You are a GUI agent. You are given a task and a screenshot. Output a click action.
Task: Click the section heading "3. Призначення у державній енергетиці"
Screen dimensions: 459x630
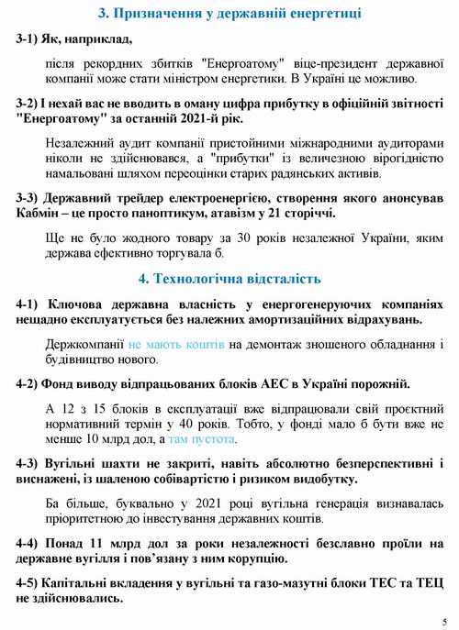tap(229, 13)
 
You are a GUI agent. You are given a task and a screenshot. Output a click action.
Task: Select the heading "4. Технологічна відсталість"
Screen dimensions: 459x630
tap(229, 278)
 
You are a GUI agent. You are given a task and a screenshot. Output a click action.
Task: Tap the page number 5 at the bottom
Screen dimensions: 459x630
tap(444, 619)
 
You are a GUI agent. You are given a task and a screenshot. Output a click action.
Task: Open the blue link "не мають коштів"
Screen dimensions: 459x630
tap(183, 343)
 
